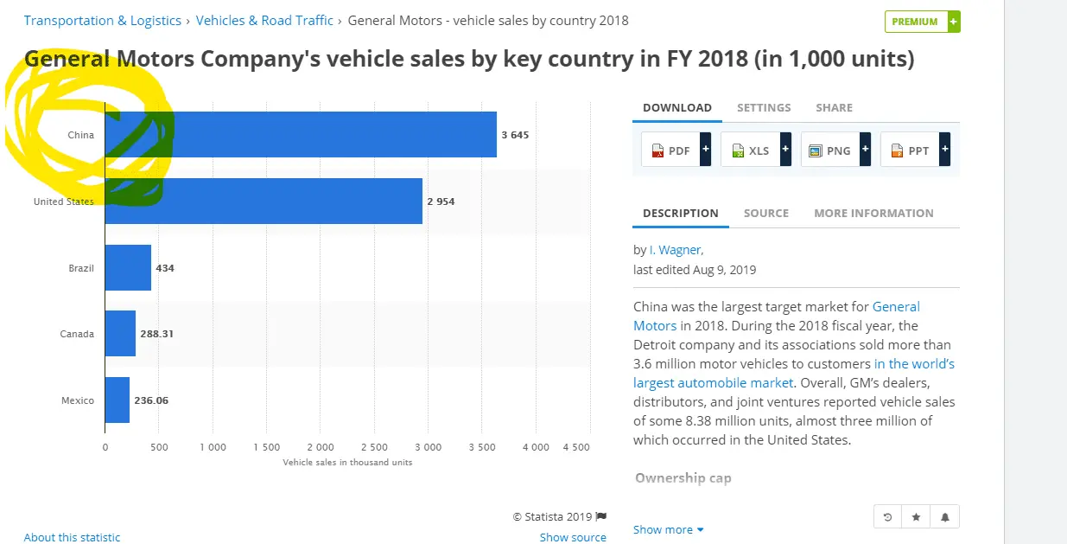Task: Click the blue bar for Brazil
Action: [128, 268]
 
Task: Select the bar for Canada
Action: [120, 334]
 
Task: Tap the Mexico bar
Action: [117, 400]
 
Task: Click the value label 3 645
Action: [515, 135]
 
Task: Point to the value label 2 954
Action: [441, 202]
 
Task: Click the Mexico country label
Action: [78, 400]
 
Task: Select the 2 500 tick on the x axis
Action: [373, 447]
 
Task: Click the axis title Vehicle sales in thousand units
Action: [347, 463]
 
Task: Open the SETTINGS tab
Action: [764, 108]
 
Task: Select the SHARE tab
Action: [834, 108]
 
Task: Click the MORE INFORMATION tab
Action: [873, 213]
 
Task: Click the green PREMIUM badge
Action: [922, 22]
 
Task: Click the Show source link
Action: [573, 537]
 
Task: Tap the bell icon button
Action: [945, 517]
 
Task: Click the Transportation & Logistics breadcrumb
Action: [103, 21]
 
